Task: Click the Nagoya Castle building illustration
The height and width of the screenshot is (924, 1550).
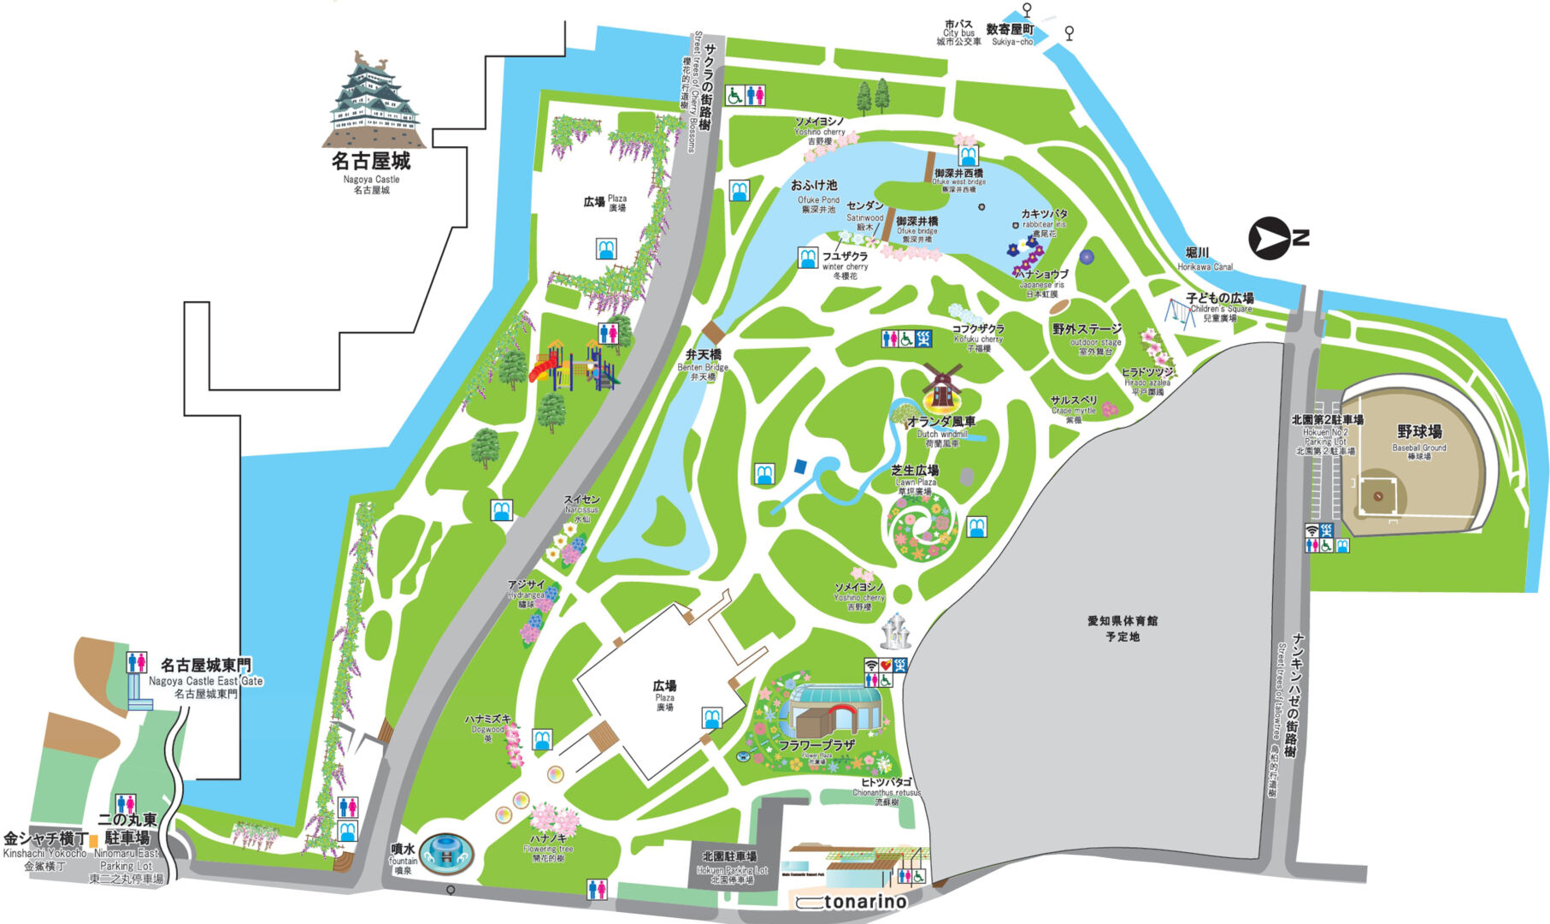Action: tap(373, 101)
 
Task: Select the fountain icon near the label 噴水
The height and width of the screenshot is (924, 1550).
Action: tap(445, 851)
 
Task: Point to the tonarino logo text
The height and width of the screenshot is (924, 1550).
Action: tap(863, 902)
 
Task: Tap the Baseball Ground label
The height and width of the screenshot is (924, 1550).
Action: tap(1419, 439)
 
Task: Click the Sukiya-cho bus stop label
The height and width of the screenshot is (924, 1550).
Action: tap(1011, 34)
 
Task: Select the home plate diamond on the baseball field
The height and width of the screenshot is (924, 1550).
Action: tap(1377, 495)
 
